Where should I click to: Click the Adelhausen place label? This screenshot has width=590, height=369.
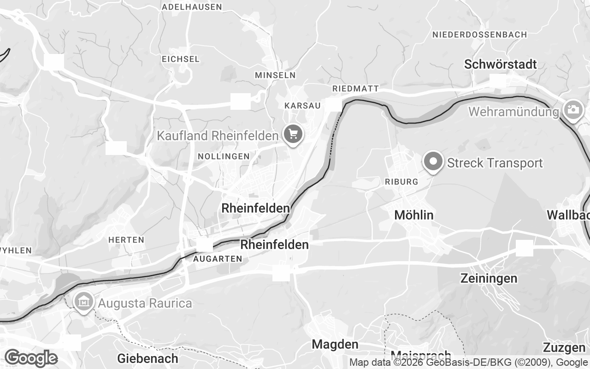tap(192, 7)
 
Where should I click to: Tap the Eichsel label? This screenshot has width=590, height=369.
tap(181, 59)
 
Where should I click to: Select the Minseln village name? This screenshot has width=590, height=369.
tap(275, 75)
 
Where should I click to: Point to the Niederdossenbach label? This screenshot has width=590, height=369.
tap(479, 35)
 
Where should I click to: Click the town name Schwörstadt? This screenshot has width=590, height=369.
tap(500, 65)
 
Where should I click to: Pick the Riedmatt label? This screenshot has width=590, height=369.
tap(355, 89)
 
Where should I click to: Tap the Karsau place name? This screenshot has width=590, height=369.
tap(302, 106)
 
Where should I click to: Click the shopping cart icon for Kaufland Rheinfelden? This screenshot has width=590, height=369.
tap(293, 134)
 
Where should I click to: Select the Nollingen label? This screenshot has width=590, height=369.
tap(224, 156)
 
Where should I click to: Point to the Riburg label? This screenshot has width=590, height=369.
tap(401, 182)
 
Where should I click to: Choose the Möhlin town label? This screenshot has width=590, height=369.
tap(414, 215)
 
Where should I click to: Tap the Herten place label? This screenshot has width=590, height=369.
tap(126, 240)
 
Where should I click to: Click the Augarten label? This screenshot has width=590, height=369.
tap(218, 259)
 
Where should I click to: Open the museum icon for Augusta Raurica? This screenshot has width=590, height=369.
tap(83, 302)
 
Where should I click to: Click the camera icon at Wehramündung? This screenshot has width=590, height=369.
tap(572, 110)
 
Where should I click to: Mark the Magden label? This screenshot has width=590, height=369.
tap(335, 344)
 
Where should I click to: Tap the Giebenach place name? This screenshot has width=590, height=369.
tap(147, 358)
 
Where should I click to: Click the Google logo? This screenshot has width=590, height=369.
tap(31, 358)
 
